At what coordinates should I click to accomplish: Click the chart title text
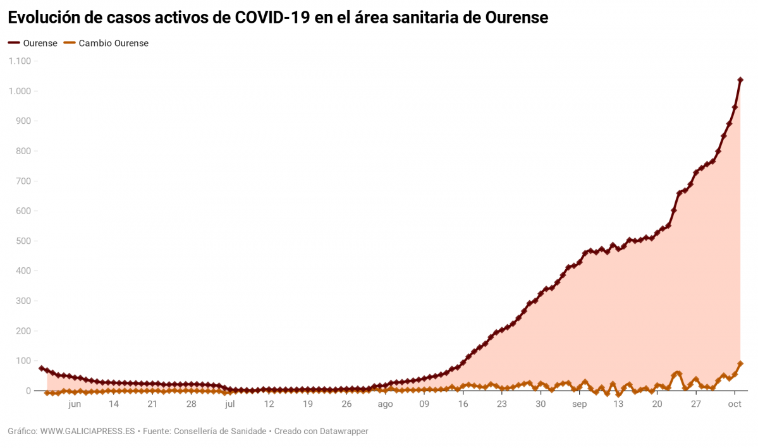pyautogui.click(x=278, y=18)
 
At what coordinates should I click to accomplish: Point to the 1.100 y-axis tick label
pyautogui.click(x=20, y=61)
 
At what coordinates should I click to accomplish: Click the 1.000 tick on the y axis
pyautogui.click(x=20, y=91)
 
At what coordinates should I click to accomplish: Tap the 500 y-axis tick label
pyautogui.click(x=23, y=241)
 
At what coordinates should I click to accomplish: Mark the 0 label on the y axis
pyautogui.click(x=28, y=391)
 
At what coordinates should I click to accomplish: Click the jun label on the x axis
pyautogui.click(x=75, y=404)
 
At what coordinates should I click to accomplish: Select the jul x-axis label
pyautogui.click(x=229, y=404)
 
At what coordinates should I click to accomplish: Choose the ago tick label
pyautogui.click(x=385, y=404)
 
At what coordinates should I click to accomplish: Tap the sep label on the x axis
pyautogui.click(x=579, y=404)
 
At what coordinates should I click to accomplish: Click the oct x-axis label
pyautogui.click(x=735, y=404)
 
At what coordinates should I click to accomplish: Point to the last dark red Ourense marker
pyautogui.click(x=740, y=80)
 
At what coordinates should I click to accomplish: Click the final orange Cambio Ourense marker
pyautogui.click(x=740, y=364)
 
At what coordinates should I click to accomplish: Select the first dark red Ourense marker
pyautogui.click(x=41, y=368)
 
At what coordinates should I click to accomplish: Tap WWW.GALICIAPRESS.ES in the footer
pyautogui.click(x=87, y=432)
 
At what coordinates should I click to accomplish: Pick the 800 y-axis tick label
pyautogui.click(x=23, y=151)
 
